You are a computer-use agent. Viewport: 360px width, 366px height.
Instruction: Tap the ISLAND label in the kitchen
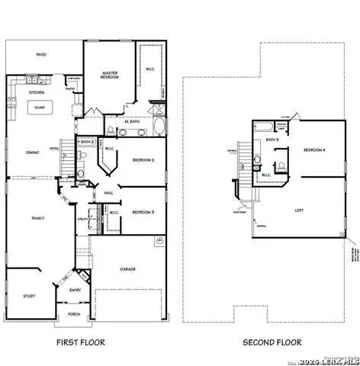point(37,108)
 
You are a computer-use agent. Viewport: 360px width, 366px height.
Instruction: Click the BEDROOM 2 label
point(143,160)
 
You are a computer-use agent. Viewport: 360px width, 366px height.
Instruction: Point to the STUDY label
point(29,296)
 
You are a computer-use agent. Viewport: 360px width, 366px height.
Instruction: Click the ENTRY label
point(75,290)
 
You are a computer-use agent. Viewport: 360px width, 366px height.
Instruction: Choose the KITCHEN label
point(37,92)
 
